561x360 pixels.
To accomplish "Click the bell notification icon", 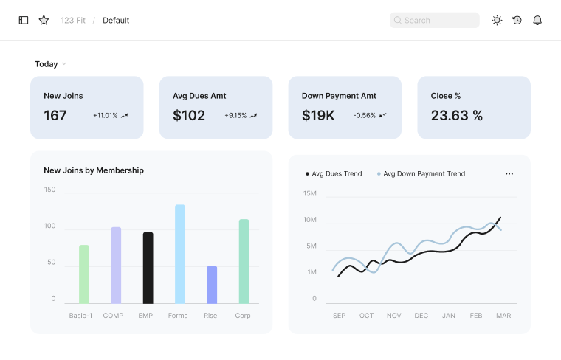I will click(537, 21).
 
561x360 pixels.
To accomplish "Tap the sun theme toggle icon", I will click(497, 21).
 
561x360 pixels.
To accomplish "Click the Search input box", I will click(435, 21).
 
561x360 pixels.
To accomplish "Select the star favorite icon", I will click(44, 21).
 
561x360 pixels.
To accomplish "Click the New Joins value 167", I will click(55, 116).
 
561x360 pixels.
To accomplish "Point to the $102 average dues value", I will click(189, 116).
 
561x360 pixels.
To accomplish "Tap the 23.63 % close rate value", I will click(457, 116).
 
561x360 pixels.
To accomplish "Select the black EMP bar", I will click(148, 268).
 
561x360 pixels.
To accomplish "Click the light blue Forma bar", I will click(179, 254).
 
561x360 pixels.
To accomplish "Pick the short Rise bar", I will click(212, 284).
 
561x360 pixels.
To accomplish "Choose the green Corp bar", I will click(244, 261).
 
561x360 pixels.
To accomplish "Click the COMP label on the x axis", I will click(113, 316).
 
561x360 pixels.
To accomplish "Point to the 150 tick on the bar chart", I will click(49, 190).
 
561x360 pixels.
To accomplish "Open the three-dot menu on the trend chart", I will click(509, 174).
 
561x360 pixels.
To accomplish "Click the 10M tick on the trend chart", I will click(310, 220).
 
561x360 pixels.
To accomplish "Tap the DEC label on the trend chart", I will click(421, 316).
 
